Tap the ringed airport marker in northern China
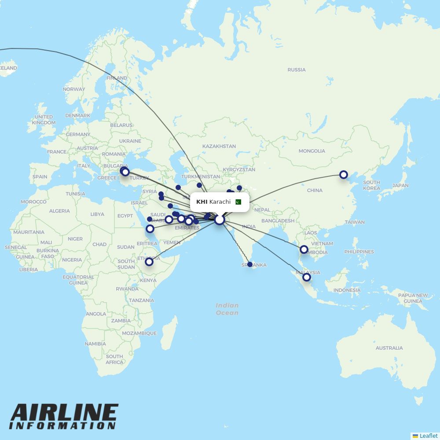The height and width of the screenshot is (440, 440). click(344, 175)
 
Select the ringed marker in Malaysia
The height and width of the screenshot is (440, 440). click(307, 277)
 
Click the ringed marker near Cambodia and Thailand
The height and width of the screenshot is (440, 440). click(304, 249)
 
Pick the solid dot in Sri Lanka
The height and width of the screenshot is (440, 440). click(250, 264)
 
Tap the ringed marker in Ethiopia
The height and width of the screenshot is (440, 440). click(149, 262)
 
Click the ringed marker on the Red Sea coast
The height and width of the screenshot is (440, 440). click(150, 229)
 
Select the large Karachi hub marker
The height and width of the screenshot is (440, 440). click(220, 220)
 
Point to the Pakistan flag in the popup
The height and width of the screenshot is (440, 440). click(238, 202)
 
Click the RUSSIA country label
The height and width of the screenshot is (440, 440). click(296, 70)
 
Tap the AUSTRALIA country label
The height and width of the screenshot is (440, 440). click(389, 348)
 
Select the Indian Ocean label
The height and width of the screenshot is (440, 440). click(227, 309)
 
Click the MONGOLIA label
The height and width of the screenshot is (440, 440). click(312, 151)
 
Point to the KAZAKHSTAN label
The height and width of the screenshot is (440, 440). click(219, 146)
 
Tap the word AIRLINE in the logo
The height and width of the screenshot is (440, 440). click(64, 414)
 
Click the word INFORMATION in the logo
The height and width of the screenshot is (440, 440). click(62, 426)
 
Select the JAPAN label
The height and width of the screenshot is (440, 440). click(400, 186)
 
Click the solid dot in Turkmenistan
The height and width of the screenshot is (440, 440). click(199, 185)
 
